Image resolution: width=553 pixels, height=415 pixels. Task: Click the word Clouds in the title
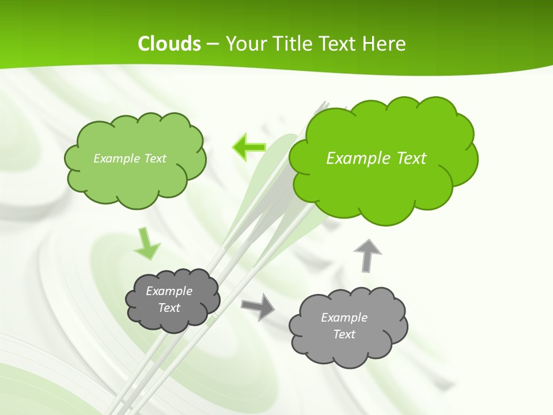(169, 44)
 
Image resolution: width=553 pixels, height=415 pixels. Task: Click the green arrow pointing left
(249, 147)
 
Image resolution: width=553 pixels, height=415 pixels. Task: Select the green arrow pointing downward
(147, 244)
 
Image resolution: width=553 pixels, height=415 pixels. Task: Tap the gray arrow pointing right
(258, 307)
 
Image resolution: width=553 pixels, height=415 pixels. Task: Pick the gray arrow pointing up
(368, 255)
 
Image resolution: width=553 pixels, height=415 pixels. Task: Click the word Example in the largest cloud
(356, 159)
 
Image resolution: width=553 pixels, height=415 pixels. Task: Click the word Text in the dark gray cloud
(169, 308)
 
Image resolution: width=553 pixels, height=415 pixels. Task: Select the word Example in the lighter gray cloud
(344, 318)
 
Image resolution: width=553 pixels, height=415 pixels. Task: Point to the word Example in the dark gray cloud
(169, 291)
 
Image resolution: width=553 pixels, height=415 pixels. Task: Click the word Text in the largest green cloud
(410, 159)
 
